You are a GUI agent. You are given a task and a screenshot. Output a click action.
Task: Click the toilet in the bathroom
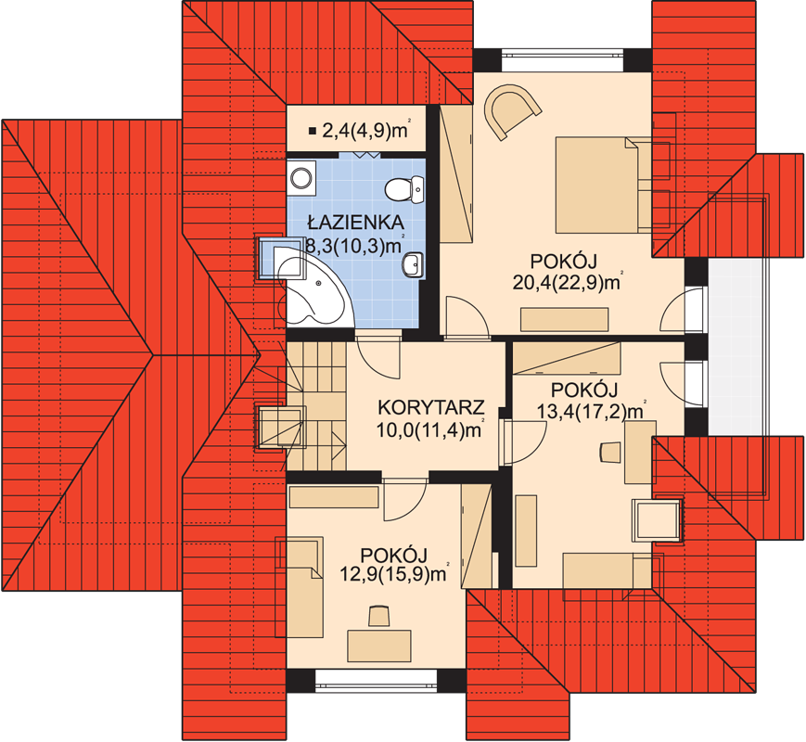(404, 188)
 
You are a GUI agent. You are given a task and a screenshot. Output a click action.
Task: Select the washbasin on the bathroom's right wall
(412, 265)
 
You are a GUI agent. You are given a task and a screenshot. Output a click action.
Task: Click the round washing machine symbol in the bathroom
(301, 178)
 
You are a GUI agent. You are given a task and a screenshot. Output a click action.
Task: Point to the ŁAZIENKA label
(355, 223)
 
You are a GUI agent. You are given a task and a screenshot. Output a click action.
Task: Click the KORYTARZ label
(430, 407)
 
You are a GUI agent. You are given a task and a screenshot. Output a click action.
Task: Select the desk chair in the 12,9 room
(378, 616)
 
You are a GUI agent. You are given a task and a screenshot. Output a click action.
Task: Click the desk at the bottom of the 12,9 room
(379, 646)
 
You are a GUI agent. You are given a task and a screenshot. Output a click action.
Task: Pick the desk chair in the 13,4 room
(610, 451)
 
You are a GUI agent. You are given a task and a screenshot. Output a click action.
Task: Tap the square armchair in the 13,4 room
(657, 519)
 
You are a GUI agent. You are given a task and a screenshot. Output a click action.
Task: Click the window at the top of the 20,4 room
(562, 59)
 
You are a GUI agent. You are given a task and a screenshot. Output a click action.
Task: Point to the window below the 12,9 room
(376, 681)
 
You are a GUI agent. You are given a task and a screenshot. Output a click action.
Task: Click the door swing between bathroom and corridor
(378, 358)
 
